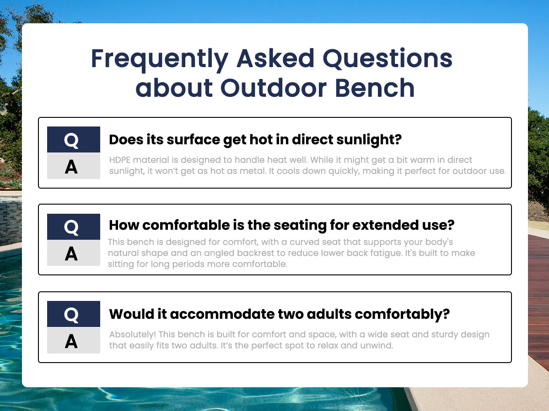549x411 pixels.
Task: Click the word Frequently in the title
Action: click(x=160, y=59)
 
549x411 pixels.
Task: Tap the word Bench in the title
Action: click(x=374, y=88)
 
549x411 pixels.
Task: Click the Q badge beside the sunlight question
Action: click(x=74, y=139)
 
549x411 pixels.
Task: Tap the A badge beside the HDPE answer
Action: click(x=74, y=166)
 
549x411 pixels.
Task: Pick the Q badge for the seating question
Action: click(x=74, y=227)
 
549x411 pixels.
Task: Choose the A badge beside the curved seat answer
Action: click(x=74, y=253)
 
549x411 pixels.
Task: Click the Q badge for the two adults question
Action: click(x=74, y=314)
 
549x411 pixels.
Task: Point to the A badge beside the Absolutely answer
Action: click(x=74, y=340)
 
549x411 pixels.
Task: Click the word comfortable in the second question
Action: click(x=186, y=225)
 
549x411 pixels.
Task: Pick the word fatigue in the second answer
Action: click(x=387, y=253)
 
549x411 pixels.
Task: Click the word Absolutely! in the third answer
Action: click(x=133, y=335)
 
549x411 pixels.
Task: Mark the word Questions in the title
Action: click(x=388, y=59)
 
